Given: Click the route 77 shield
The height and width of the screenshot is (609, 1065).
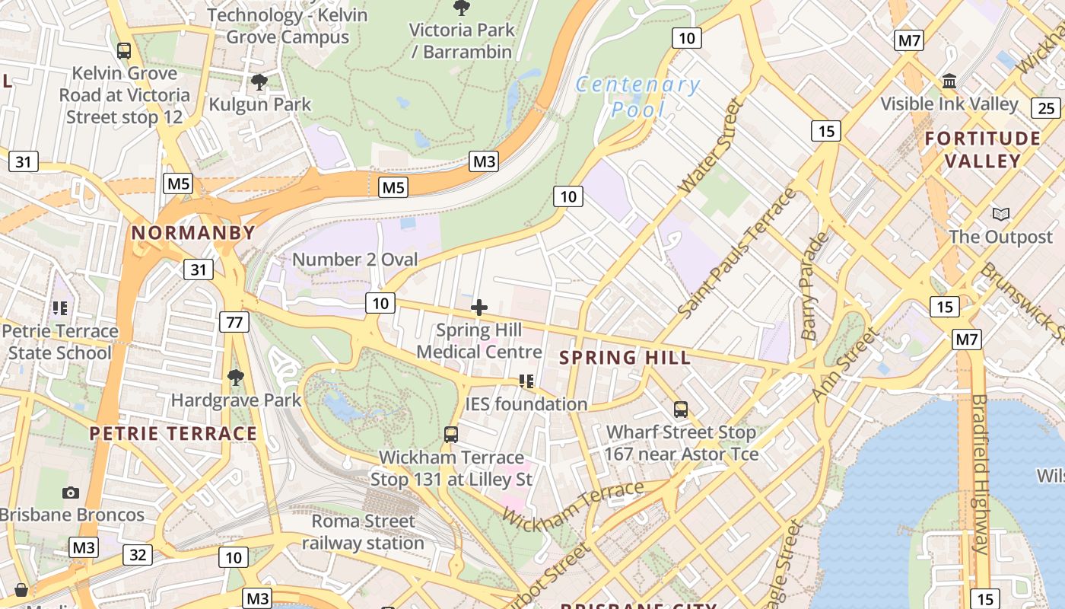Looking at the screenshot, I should coord(234,322).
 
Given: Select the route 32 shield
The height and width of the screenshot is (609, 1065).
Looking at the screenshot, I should coord(138,554).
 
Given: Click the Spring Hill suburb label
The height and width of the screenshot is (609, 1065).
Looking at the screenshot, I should coord(625,358).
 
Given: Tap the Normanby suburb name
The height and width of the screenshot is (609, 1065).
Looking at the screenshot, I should coord(193,233).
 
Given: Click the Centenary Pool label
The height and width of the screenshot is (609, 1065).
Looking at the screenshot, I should coord(637,97).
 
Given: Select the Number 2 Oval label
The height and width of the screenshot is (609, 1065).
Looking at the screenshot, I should coord(354,260).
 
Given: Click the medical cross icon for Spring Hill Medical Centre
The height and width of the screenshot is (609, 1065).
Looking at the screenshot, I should coord(479,308).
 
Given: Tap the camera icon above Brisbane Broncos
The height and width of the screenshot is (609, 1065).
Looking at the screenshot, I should coord(71,493).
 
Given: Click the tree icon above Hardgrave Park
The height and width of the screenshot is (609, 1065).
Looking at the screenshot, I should coord(236,377).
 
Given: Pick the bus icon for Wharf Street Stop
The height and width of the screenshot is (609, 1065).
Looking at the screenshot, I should coord(681,410).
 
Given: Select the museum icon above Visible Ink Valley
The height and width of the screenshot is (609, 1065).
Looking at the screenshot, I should coord(949,81).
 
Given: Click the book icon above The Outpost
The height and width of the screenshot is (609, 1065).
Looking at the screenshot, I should coord(1000,214).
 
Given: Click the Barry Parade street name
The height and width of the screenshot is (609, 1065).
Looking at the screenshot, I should coord(814,287).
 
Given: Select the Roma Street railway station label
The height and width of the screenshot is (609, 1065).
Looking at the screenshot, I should coord(364,532).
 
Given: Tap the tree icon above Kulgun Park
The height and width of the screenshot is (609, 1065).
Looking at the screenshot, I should coord(259,81).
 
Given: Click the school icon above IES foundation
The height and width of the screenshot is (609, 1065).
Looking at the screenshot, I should coord(526,381).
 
